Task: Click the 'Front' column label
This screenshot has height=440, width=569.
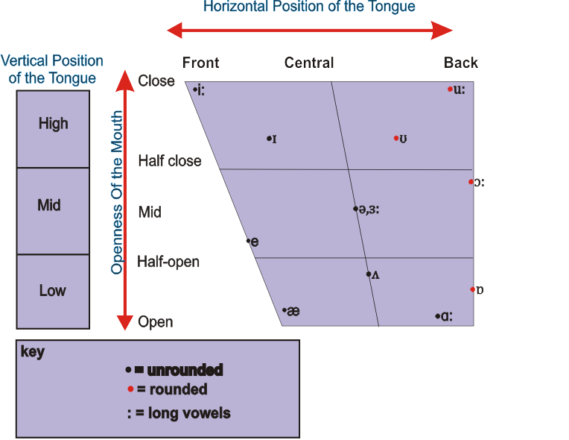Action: click(200, 63)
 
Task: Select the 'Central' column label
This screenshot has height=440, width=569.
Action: click(309, 63)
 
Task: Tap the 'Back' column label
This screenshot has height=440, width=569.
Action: click(461, 63)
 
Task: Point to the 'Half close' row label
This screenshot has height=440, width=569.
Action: click(170, 161)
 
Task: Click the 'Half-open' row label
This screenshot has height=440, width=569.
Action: click(168, 263)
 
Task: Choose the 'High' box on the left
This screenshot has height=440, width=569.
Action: click(53, 124)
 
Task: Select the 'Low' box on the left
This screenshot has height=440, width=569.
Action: click(53, 291)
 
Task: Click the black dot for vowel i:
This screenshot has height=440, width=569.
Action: click(194, 90)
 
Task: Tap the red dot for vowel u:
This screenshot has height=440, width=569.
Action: click(450, 89)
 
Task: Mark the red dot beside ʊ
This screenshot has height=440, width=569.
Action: click(396, 138)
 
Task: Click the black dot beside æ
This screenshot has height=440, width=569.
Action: click(284, 310)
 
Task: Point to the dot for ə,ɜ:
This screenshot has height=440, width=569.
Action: click(355, 209)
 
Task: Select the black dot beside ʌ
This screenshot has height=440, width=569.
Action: click(368, 274)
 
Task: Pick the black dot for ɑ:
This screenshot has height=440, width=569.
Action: click(437, 316)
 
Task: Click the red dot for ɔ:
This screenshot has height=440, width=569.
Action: click(471, 181)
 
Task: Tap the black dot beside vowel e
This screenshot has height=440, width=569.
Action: click(249, 241)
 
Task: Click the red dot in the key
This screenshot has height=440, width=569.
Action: click(130, 389)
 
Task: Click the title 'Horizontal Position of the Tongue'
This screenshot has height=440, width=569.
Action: click(309, 7)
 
